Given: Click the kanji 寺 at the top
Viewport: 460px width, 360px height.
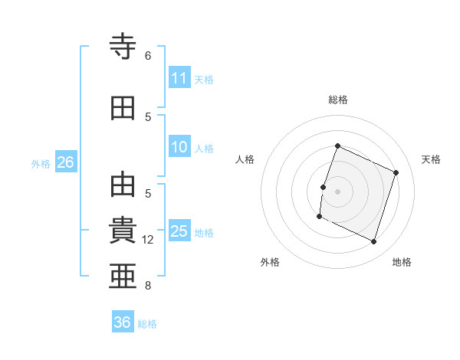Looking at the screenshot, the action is click(x=123, y=46).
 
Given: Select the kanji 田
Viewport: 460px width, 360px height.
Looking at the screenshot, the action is click(x=123, y=108).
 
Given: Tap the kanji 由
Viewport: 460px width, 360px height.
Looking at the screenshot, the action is click(x=123, y=185).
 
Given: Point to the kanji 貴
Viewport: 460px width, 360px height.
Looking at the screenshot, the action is click(x=123, y=230).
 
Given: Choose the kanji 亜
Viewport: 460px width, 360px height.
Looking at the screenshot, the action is click(x=123, y=276).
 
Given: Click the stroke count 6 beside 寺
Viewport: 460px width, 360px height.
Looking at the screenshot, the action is click(x=148, y=56).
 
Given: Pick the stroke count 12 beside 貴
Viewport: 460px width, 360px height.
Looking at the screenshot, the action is click(x=147, y=240).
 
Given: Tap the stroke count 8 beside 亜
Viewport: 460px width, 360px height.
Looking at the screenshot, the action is click(x=148, y=286).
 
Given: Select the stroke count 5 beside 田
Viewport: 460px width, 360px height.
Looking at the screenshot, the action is click(x=148, y=117).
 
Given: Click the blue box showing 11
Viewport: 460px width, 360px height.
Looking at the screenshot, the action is click(x=179, y=77).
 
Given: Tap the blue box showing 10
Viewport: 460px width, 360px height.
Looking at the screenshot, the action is click(x=179, y=146).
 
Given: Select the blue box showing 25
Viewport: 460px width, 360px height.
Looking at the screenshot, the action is click(x=179, y=230).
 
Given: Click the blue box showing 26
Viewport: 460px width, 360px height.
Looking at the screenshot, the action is click(x=66, y=162).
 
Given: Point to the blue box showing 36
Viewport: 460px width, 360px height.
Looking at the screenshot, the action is click(x=123, y=321).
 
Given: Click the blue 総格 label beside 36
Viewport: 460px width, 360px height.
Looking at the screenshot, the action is click(x=147, y=324).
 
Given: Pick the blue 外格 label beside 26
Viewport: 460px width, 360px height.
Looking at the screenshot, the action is click(x=41, y=164).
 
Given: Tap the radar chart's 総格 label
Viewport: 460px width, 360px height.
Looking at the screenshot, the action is click(x=338, y=100).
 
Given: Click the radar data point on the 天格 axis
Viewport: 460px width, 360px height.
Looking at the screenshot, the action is click(x=396, y=172).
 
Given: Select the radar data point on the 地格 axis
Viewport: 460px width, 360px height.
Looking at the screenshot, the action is click(x=373, y=241).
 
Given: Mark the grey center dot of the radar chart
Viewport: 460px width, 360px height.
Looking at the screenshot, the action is click(x=337, y=191).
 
